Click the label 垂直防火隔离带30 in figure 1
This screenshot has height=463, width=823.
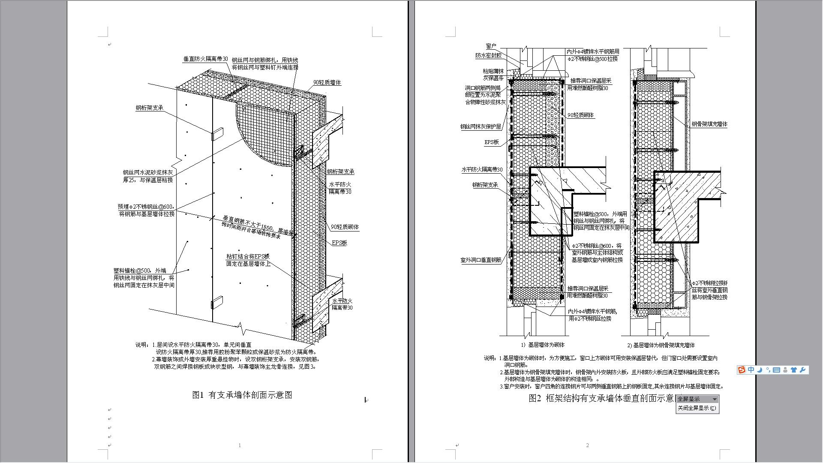click(x=205, y=59)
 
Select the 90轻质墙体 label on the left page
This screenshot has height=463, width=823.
click(x=327, y=82)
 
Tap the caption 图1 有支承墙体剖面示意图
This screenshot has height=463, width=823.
click(x=242, y=395)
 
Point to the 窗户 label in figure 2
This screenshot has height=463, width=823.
click(x=491, y=46)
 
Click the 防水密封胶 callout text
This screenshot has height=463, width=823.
click(x=488, y=56)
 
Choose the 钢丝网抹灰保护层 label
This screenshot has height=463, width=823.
click(x=481, y=127)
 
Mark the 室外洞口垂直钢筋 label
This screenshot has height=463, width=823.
click(x=481, y=260)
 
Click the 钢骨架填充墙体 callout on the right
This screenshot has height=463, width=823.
click(x=709, y=124)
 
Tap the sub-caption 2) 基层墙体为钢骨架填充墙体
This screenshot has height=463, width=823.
click(x=661, y=345)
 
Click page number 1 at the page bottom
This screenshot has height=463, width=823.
click(x=240, y=445)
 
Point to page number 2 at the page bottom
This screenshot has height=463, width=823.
click(x=587, y=445)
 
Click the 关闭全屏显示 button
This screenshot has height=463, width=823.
click(x=697, y=408)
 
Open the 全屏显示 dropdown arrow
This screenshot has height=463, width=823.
click(x=714, y=399)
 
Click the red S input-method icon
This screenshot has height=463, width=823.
click(x=742, y=370)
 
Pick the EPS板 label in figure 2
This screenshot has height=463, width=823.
click(x=492, y=142)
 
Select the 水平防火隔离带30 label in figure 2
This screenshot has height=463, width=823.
click(x=482, y=170)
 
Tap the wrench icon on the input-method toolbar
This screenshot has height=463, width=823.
click(x=803, y=370)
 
